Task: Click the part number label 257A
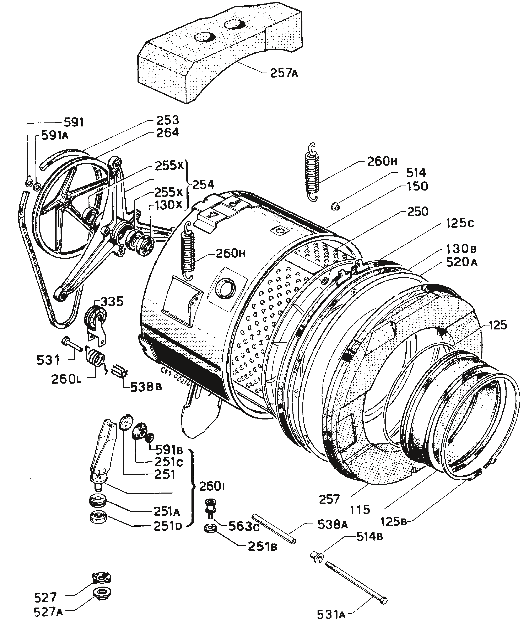pos(284,73)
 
